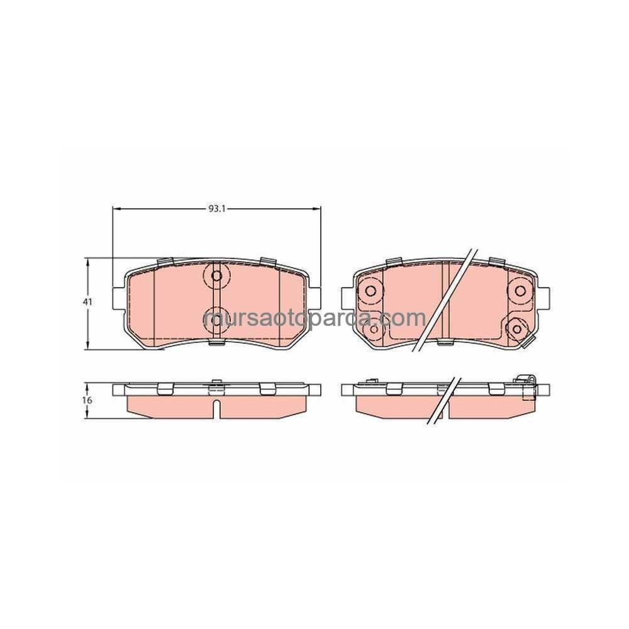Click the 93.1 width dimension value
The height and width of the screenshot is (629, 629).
click(x=216, y=209)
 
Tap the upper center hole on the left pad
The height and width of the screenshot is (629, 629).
click(x=216, y=276)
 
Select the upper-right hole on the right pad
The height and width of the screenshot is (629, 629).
click(x=520, y=291)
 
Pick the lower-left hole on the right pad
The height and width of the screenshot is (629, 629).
click(x=374, y=329)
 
